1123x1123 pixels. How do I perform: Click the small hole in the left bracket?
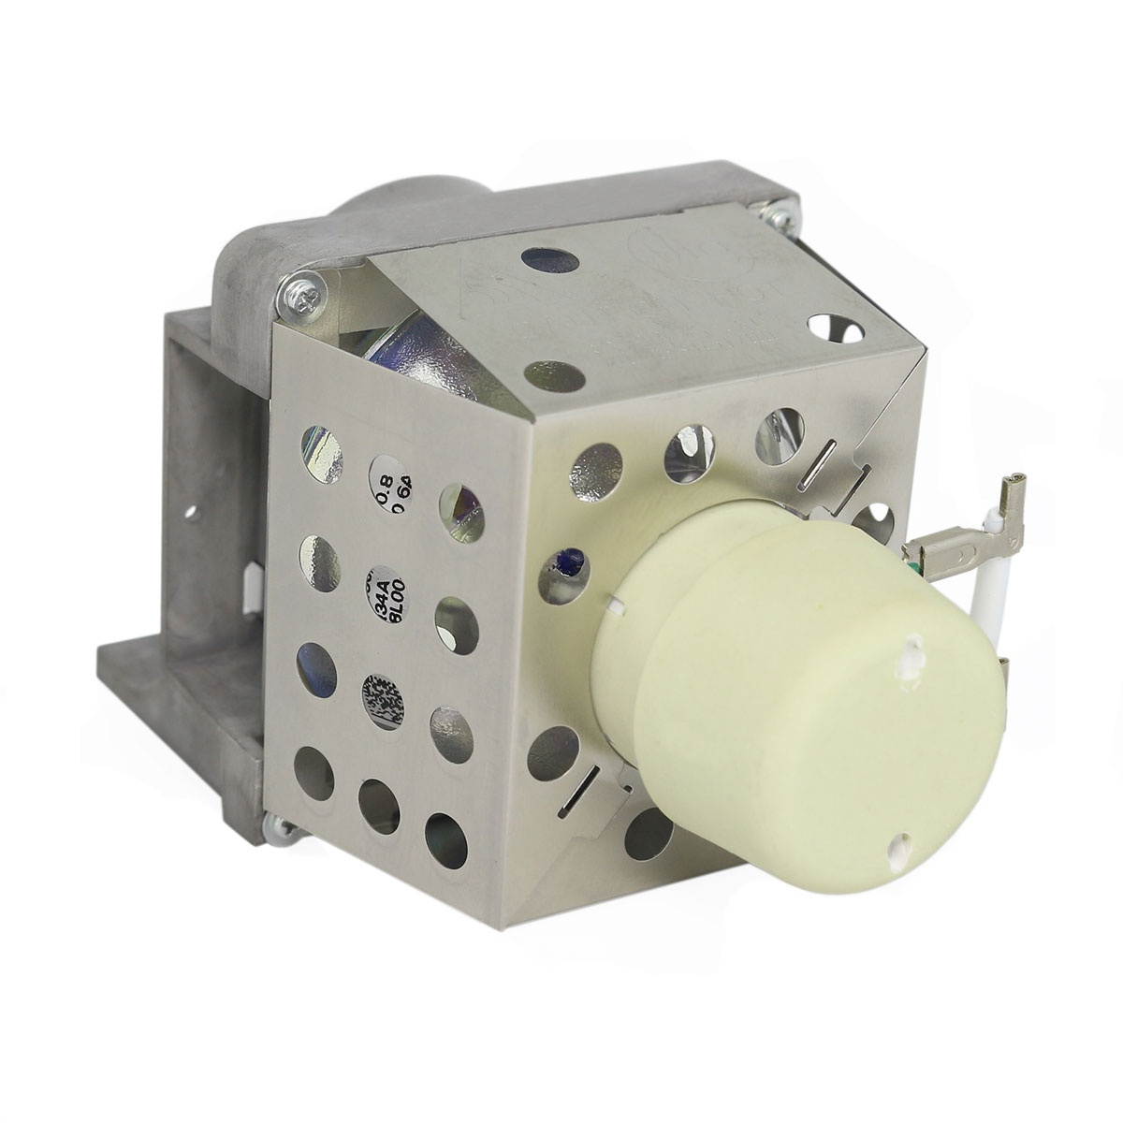(x=195, y=513)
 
